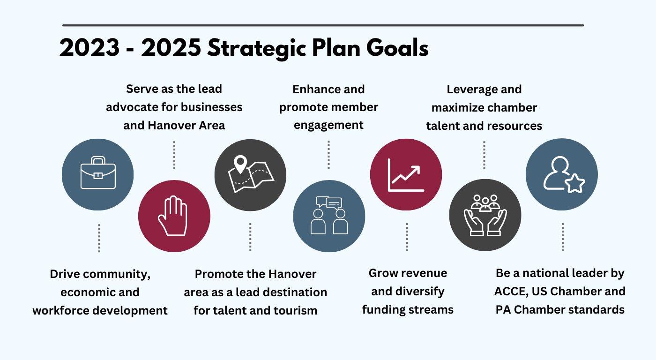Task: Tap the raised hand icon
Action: pyautogui.click(x=173, y=216)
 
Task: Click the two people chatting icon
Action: pyautogui.click(x=329, y=215)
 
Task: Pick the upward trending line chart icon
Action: pyautogui.click(x=406, y=175)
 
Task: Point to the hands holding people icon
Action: pyautogui.click(x=485, y=215)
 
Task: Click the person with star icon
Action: pyautogui.click(x=564, y=175)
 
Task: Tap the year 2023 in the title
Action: pyautogui.click(x=89, y=48)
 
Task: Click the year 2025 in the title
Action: pyautogui.click(x=171, y=48)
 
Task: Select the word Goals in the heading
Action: pyautogui.click(x=397, y=48)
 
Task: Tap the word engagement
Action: pyautogui.click(x=328, y=125)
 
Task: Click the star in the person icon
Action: pyautogui.click(x=575, y=184)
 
